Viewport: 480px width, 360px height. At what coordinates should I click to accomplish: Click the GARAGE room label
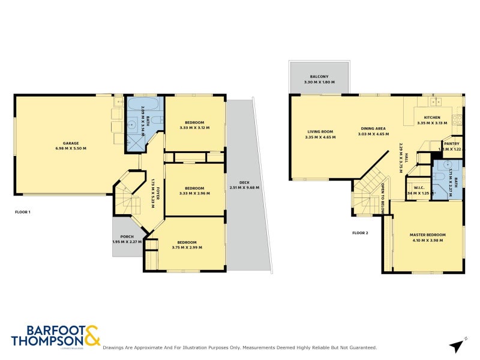click(71, 143)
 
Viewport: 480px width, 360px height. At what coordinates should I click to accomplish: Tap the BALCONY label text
click(319, 76)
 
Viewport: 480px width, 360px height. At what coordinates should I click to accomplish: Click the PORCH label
click(127, 236)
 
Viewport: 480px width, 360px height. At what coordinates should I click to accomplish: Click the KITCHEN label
click(432, 118)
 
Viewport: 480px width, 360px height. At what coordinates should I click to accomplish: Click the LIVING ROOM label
click(320, 131)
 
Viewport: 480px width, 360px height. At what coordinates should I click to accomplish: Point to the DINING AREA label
click(373, 128)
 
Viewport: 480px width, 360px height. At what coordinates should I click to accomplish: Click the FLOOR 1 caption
click(23, 212)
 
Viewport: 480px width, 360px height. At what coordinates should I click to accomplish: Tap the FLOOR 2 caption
click(360, 232)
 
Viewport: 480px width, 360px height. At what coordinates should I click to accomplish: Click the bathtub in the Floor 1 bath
click(142, 105)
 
